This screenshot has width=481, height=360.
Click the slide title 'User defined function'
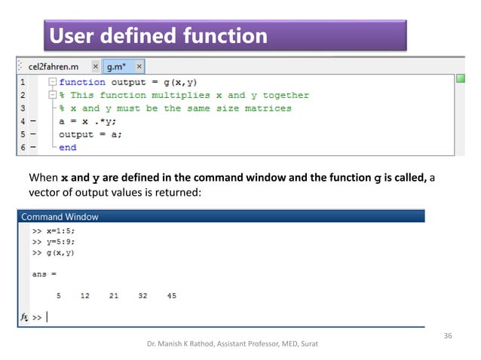click(158, 35)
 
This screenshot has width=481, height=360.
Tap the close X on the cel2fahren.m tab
click(95, 66)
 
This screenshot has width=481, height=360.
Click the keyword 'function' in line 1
click(82, 82)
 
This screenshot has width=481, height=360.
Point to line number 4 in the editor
click(23, 121)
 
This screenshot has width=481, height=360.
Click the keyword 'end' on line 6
click(68, 147)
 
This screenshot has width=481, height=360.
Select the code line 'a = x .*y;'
click(89, 121)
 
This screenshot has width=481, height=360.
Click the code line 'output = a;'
click(90, 134)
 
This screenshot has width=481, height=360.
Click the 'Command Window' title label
click(60, 216)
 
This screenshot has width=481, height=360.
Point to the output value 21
click(113, 296)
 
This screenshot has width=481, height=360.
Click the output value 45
click(172, 296)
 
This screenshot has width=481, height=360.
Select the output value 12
click(84, 296)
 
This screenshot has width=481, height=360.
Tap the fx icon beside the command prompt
click(24, 318)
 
